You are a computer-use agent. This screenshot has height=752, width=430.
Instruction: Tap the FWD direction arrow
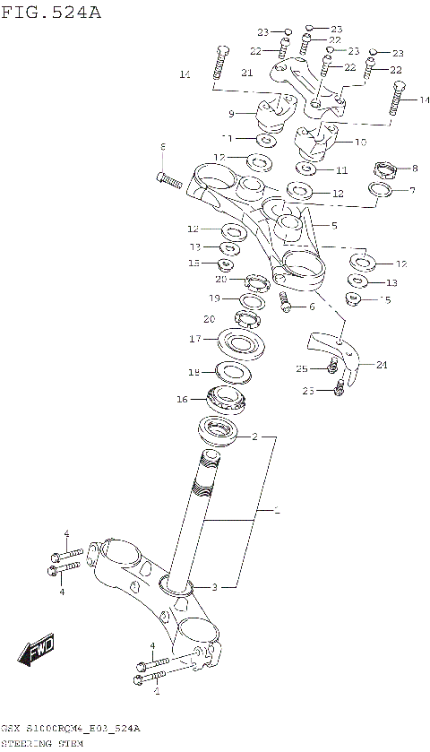point(39,648)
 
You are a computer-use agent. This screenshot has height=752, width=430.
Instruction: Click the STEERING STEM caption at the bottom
point(42,743)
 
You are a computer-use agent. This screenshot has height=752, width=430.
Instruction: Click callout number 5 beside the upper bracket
point(334,226)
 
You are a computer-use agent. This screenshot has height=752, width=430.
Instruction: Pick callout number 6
point(312,307)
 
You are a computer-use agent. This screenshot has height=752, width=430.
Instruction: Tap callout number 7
point(412,190)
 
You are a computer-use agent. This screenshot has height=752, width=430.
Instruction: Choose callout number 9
point(231,114)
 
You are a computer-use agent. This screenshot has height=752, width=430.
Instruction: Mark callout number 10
point(360,142)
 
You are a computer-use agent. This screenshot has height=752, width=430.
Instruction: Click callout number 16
point(182,399)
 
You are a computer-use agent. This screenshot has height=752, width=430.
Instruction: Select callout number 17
point(193,339)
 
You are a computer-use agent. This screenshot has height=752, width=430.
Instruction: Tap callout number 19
point(215,298)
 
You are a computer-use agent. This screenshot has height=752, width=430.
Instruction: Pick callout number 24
point(382,364)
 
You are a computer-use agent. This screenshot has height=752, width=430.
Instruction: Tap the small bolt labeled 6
point(286,302)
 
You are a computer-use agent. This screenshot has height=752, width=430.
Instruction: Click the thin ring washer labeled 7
point(380,191)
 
